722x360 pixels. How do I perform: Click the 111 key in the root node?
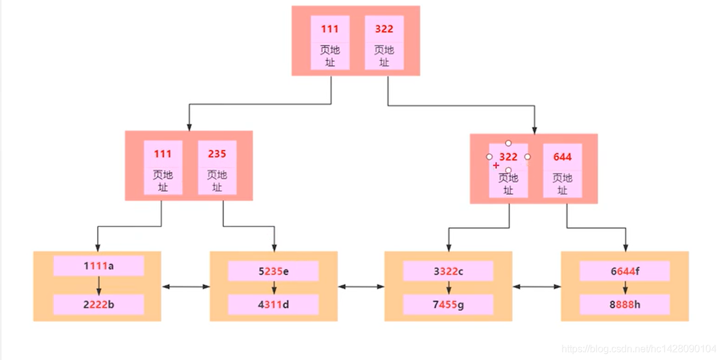pyautogui.click(x=330, y=29)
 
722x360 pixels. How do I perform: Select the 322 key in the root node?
pyautogui.click(x=384, y=29)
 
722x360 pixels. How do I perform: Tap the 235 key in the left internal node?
pyautogui.click(x=217, y=154)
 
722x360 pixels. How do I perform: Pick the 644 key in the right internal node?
pyautogui.click(x=562, y=157)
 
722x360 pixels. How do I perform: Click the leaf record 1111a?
pyautogui.click(x=98, y=266)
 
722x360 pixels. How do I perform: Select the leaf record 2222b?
pyautogui.click(x=98, y=304)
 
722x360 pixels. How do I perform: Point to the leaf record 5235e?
pyautogui.click(x=274, y=271)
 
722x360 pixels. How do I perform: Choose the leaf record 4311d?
pyautogui.click(x=274, y=304)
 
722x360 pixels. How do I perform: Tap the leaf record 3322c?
pyautogui.click(x=448, y=271)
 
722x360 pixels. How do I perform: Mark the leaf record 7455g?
pyautogui.click(x=448, y=304)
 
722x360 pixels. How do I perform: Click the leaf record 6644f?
pyautogui.click(x=625, y=271)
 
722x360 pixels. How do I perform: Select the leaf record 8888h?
pyautogui.click(x=625, y=304)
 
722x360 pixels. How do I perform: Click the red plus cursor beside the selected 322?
pyautogui.click(x=496, y=166)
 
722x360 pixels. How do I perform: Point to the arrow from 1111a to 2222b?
pyautogui.click(x=98, y=285)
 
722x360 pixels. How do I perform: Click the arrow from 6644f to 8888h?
pyautogui.click(x=625, y=287)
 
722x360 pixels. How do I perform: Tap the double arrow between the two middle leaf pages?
pyautogui.click(x=361, y=287)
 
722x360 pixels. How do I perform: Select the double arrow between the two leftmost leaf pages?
pyautogui.click(x=185, y=287)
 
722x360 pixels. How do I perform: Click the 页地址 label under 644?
pyautogui.click(x=562, y=183)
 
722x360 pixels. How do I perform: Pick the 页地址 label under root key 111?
pyautogui.click(x=330, y=55)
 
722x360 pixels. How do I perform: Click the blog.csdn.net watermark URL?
pyautogui.click(x=640, y=348)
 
